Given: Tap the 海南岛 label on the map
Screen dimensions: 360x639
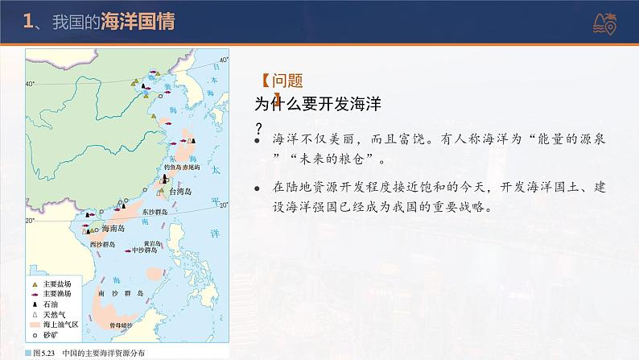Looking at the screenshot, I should [112, 229].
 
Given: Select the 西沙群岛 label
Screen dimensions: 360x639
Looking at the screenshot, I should [102, 242].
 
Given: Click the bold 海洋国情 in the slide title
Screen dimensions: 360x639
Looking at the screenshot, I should [138, 25].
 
